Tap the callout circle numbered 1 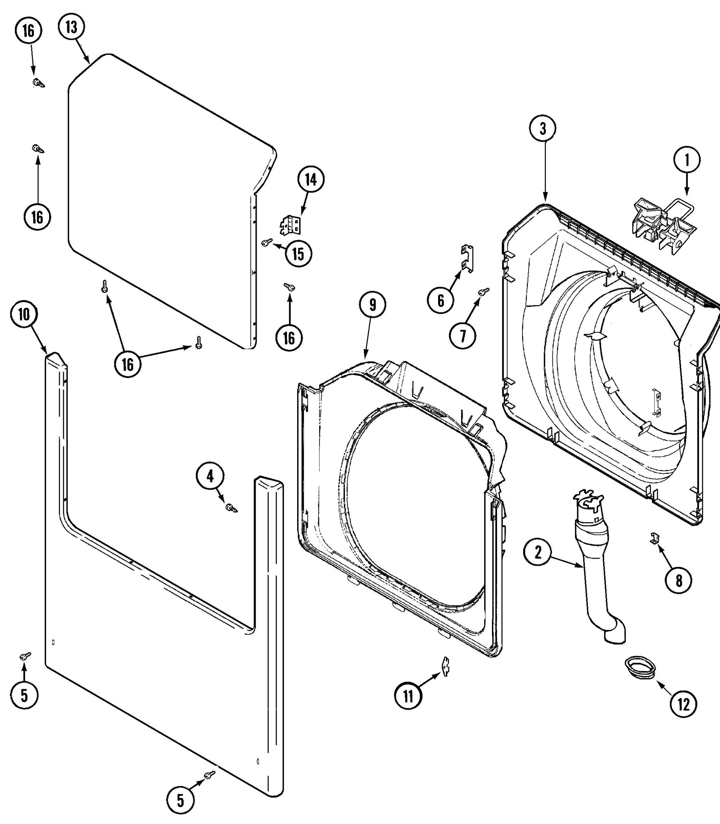pos(687,160)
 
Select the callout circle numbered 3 pos(542,128)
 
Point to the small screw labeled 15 pos(266,242)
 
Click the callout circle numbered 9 pos(372,305)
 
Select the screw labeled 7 pos(484,291)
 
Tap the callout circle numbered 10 pos(24,314)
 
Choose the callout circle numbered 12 pos(684,703)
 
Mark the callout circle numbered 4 pos(210,476)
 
